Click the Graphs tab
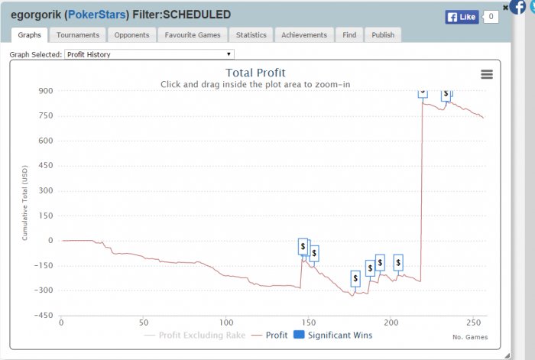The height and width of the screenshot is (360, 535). pos(29,35)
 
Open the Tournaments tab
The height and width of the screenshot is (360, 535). pos(78,35)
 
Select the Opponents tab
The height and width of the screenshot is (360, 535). pos(131,35)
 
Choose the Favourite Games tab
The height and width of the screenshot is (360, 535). pos(193,35)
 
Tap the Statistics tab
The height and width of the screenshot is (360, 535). pos(251,35)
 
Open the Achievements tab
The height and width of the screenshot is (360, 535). pos(304,35)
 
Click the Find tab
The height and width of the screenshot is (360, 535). pos(349,35)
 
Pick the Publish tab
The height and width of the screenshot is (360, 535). pos(383,35)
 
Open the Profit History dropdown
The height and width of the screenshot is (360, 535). pos(149,54)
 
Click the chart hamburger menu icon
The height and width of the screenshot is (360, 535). pos(487,74)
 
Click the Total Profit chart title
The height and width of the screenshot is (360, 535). pos(256,73)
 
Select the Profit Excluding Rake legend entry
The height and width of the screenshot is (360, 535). pos(200,336)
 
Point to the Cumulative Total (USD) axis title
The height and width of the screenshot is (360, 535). pos(24,202)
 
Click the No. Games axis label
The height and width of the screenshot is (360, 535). pos(469,337)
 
